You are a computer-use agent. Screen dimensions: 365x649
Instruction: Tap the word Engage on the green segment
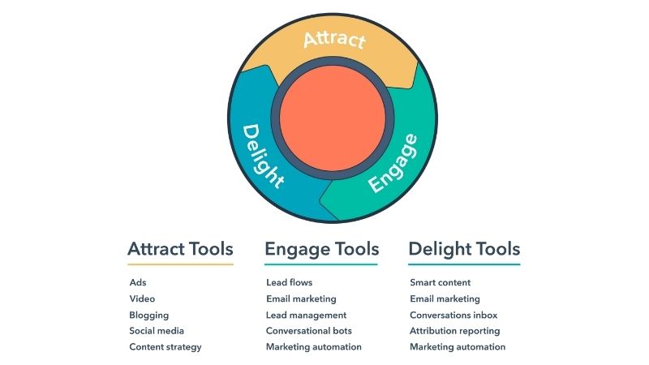pyautogui.click(x=393, y=163)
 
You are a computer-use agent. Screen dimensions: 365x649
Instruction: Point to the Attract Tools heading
pyautogui.click(x=180, y=249)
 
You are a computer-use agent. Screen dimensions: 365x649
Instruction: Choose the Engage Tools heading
pyautogui.click(x=321, y=249)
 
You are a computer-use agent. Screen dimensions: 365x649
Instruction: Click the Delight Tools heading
pyautogui.click(x=464, y=249)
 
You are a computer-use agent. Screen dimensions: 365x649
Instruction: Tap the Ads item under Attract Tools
pyautogui.click(x=138, y=282)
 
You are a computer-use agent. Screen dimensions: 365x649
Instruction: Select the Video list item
pyautogui.click(x=142, y=298)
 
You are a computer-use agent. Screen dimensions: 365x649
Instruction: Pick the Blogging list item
pyautogui.click(x=149, y=315)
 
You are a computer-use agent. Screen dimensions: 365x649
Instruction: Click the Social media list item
pyautogui.click(x=157, y=331)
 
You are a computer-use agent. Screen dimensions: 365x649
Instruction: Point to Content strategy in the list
pyautogui.click(x=165, y=347)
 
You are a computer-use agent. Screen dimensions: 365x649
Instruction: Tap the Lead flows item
pyautogui.click(x=290, y=282)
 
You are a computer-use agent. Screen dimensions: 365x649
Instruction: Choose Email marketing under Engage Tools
pyautogui.click(x=301, y=298)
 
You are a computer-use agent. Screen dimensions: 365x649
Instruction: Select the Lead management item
pyautogui.click(x=306, y=315)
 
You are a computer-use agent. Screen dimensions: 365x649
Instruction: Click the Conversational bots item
pyautogui.click(x=309, y=331)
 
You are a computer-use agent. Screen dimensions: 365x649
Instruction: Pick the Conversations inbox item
pyautogui.click(x=453, y=315)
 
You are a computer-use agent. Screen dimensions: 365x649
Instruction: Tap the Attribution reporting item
pyautogui.click(x=454, y=331)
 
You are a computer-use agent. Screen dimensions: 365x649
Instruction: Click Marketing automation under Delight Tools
pyautogui.click(x=458, y=347)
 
